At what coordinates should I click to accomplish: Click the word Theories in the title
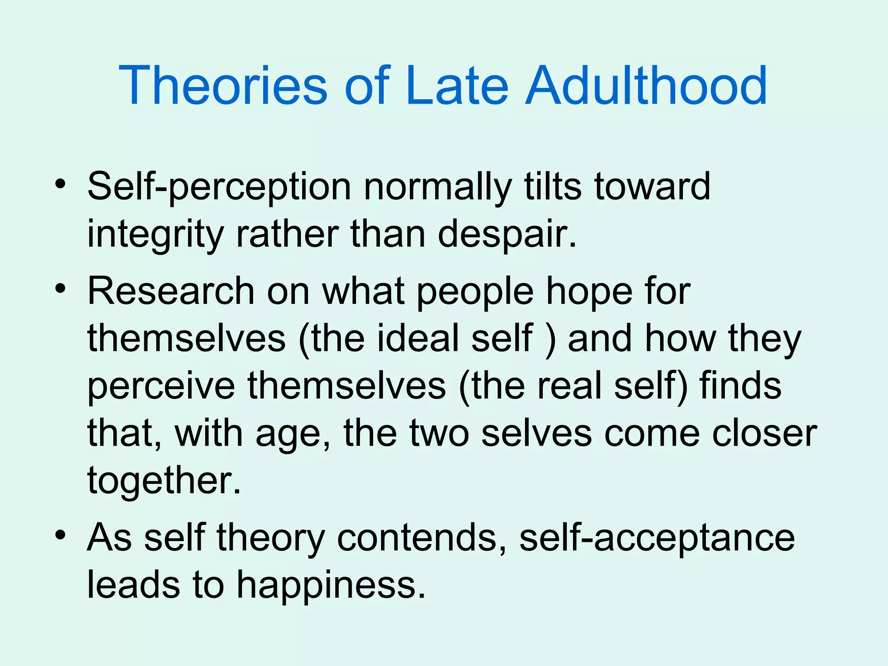point(223,85)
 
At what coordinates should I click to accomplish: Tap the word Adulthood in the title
point(646,85)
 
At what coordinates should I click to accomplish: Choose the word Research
point(171,291)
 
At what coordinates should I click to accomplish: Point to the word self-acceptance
point(657,538)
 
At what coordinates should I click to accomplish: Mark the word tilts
point(553,186)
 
